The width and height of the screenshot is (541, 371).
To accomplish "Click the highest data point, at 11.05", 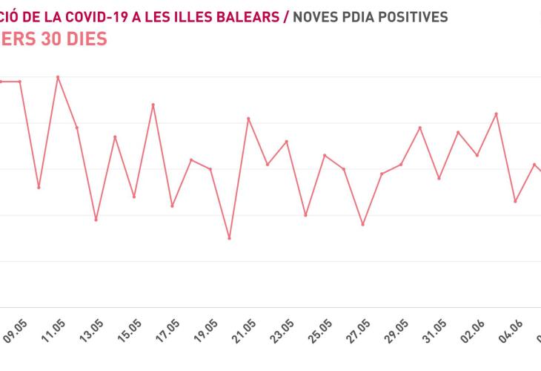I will [x=58, y=76].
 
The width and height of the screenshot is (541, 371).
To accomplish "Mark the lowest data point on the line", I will [x=229, y=238].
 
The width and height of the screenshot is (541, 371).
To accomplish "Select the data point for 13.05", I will [x=96, y=220].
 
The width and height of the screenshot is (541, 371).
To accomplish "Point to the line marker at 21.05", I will [x=248, y=118].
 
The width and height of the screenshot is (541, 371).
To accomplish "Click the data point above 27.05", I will [x=362, y=224].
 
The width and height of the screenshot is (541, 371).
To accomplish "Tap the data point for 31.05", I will [x=439, y=178].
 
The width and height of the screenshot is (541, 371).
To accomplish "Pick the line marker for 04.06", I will [x=515, y=201].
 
